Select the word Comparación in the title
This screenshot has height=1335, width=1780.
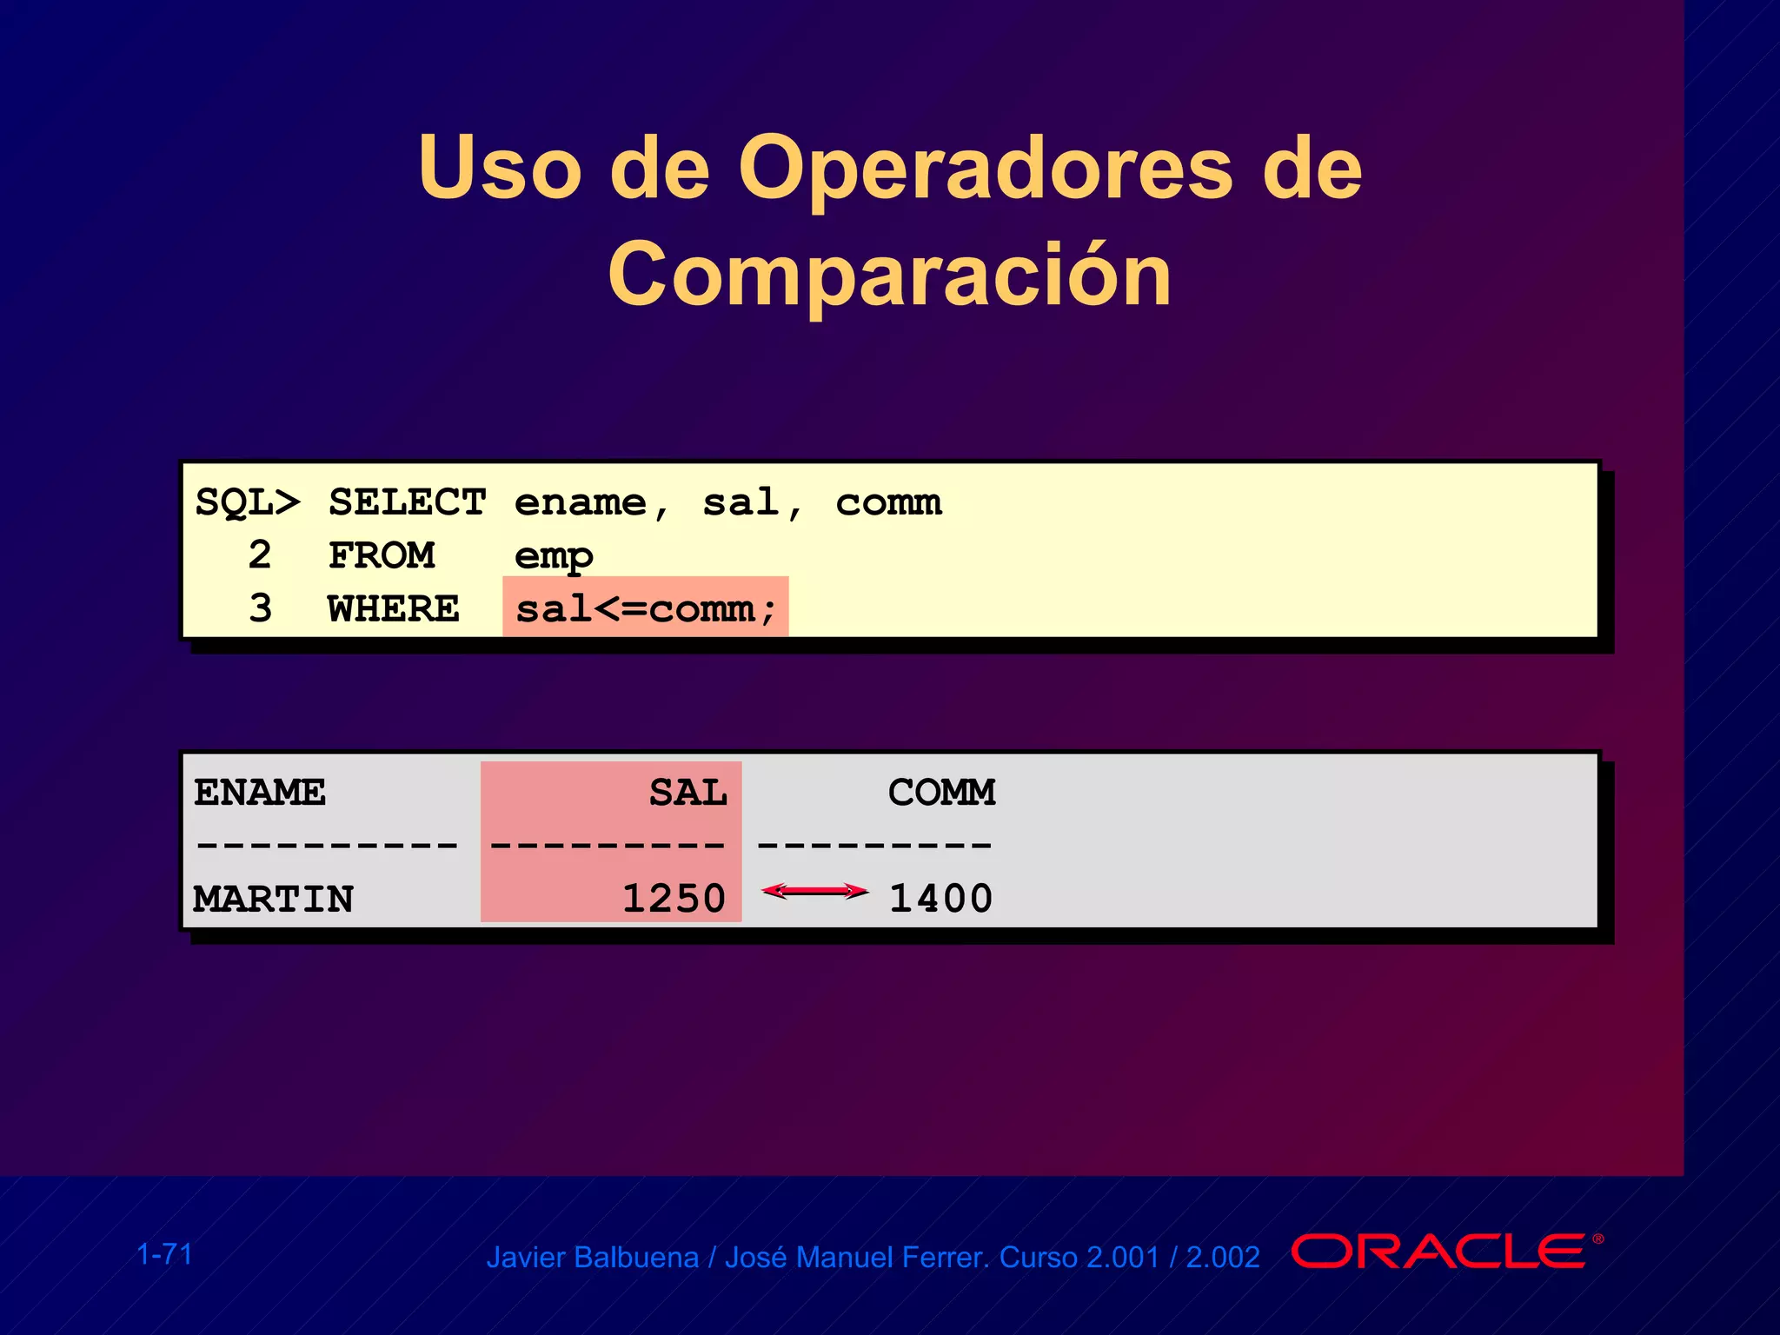(889, 275)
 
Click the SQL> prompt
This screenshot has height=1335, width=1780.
(247, 503)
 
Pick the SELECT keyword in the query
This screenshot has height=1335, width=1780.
(407, 503)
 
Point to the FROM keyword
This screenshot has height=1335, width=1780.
(382, 556)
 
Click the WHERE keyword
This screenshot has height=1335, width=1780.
(394, 609)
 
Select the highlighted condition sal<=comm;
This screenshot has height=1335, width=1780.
(645, 608)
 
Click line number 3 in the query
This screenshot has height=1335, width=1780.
(260, 608)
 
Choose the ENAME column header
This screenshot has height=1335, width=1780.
(260, 793)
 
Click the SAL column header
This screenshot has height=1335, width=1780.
(687, 793)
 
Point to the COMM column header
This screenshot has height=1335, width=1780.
(941, 793)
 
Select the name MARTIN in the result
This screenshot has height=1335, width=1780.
(273, 899)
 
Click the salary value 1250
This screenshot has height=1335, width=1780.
(674, 899)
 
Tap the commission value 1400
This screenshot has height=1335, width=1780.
(940, 899)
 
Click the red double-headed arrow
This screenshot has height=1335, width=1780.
(814, 891)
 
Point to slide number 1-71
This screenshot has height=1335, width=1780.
(164, 1254)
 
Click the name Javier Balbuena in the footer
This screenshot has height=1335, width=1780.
(592, 1258)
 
